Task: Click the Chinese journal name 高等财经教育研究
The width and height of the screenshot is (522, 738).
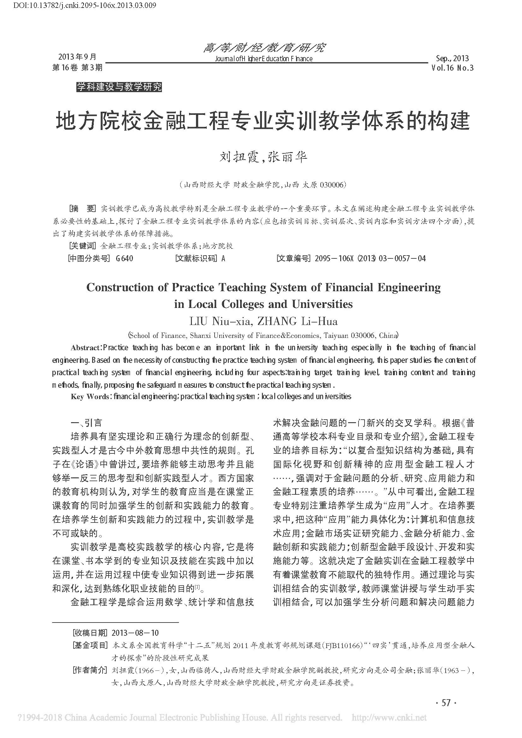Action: click(x=264, y=48)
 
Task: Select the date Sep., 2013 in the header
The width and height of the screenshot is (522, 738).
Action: click(x=452, y=58)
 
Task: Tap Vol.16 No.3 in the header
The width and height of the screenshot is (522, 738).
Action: click(x=453, y=68)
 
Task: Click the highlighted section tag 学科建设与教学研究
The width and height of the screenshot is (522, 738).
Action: click(x=119, y=87)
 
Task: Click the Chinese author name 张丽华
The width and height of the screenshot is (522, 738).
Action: click(x=288, y=157)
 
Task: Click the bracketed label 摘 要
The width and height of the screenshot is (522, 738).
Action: click(x=83, y=209)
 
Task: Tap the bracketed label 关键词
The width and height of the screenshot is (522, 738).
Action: click(x=83, y=246)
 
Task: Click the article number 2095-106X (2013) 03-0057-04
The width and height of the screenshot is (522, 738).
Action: click(x=370, y=258)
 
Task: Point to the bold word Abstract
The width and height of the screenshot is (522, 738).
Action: click(x=85, y=348)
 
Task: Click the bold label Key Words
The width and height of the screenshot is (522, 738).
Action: click(x=89, y=397)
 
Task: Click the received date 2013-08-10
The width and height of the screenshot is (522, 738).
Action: click(x=135, y=633)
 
